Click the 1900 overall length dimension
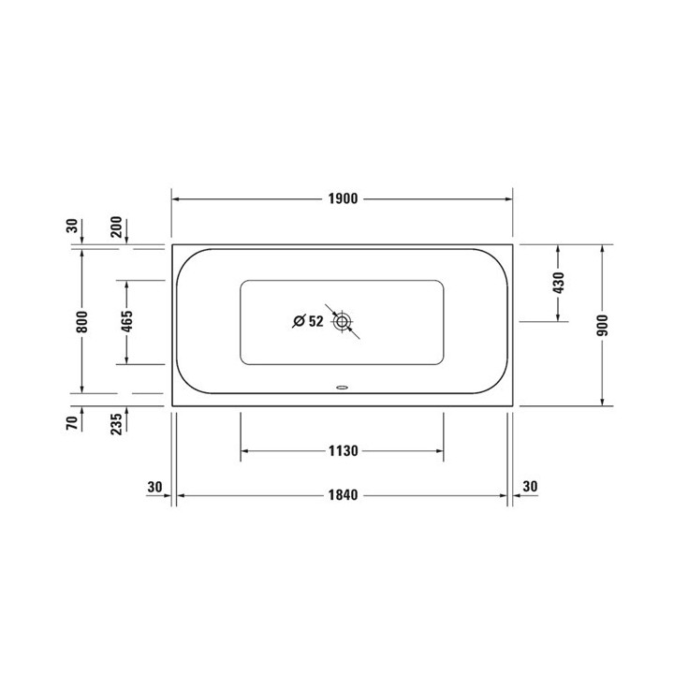point(343,199)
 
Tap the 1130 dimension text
point(343,451)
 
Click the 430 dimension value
point(559,283)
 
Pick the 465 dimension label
point(126,322)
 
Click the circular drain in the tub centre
point(343,322)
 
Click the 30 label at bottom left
point(155,487)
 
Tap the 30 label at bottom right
point(531,487)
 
